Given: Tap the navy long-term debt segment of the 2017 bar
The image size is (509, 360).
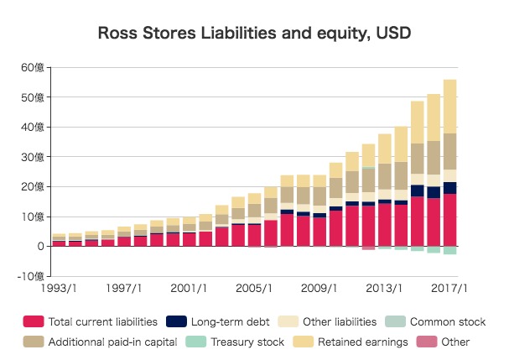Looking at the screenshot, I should [x=449, y=187].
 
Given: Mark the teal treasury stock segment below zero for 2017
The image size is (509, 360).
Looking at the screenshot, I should [x=449, y=250].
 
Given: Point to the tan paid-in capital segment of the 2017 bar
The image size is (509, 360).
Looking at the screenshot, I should [x=449, y=151].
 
